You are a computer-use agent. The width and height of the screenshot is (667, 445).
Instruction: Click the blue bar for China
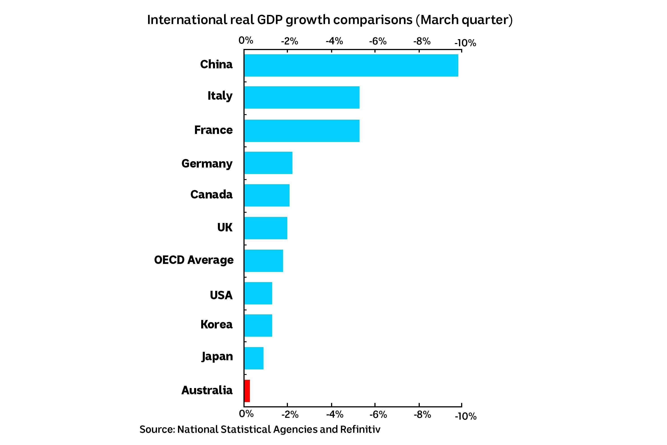pyautogui.click(x=351, y=65)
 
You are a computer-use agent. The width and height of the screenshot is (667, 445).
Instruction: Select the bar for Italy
pyautogui.click(x=302, y=97)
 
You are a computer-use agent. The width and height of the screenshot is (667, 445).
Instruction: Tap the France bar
pyautogui.click(x=302, y=131)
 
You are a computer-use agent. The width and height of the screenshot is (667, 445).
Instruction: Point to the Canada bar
pyautogui.click(x=267, y=195)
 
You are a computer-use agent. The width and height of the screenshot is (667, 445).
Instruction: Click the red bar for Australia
pyautogui.click(x=247, y=391)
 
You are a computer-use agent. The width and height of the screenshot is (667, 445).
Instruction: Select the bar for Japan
pyautogui.click(x=254, y=358)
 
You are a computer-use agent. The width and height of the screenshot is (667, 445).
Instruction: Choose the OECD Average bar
pyautogui.click(x=264, y=261)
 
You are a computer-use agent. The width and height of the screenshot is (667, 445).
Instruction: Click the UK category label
pyautogui.click(x=225, y=227)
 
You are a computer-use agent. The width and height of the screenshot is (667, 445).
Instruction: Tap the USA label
pyautogui.click(x=221, y=295)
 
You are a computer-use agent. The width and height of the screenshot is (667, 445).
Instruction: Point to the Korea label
pyautogui.click(x=216, y=324)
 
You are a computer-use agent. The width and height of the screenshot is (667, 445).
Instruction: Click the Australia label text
pyautogui.click(x=207, y=390)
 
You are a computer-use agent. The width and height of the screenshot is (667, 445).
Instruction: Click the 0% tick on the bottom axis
pyautogui.click(x=246, y=414)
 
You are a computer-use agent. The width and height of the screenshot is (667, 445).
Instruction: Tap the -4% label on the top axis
pyautogui.click(x=334, y=41)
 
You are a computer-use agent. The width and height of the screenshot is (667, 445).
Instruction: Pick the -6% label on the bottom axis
pyautogui.click(x=378, y=415)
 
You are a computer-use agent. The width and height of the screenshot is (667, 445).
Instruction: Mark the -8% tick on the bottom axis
pyautogui.click(x=422, y=415)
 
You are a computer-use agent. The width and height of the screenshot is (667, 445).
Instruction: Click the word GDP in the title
pyautogui.click(x=269, y=20)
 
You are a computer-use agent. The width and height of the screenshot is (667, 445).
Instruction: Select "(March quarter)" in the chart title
pyautogui.click(x=464, y=20)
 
